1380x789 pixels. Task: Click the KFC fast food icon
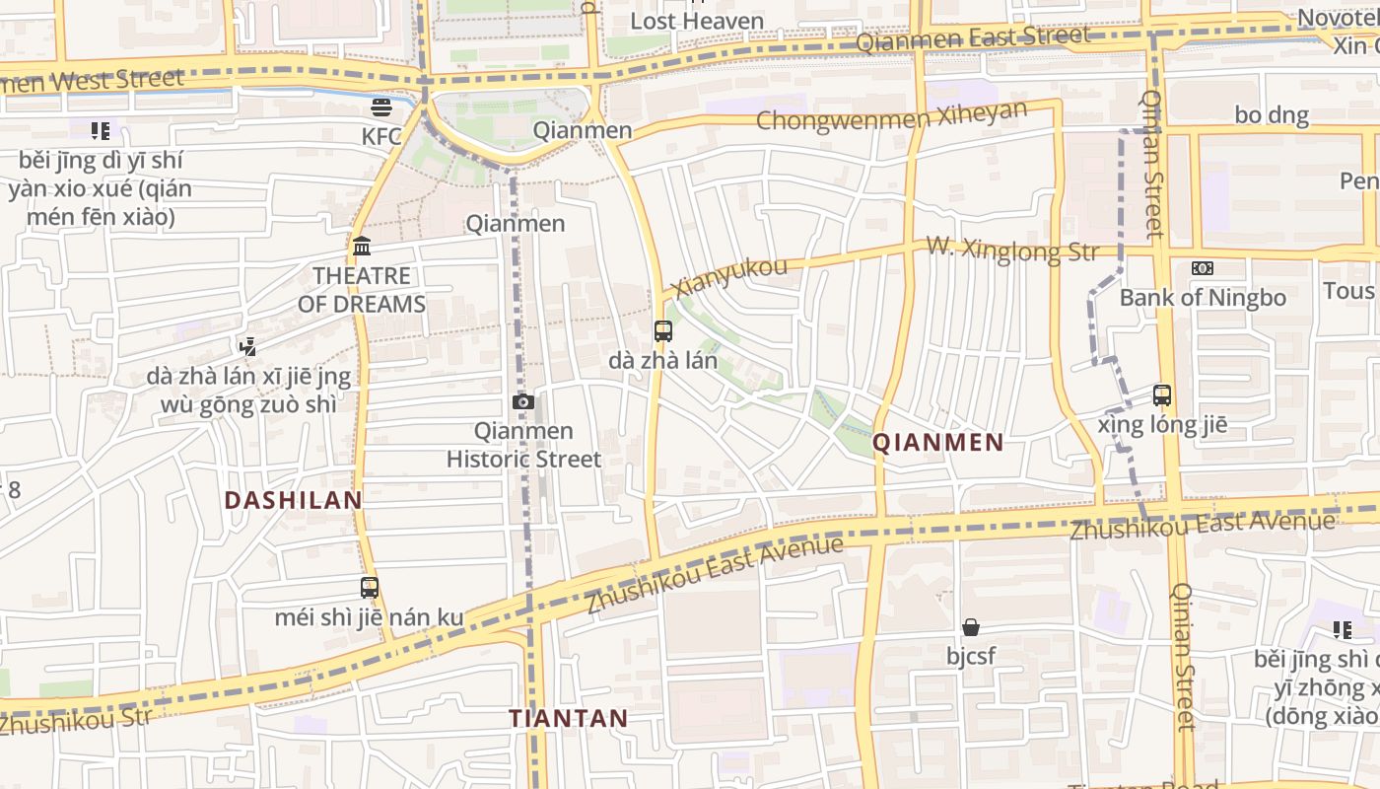point(381,107)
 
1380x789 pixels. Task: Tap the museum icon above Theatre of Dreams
point(362,246)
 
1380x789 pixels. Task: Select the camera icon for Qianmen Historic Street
point(523,401)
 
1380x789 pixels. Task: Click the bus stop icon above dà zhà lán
point(663,331)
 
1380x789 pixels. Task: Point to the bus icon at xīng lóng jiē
point(1162,395)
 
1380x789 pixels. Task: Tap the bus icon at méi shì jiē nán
point(370,588)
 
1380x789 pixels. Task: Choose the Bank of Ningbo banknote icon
point(1203,268)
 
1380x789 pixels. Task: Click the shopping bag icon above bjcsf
point(971,627)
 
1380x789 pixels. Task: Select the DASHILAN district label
point(293,500)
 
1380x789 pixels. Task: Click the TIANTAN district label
point(569,718)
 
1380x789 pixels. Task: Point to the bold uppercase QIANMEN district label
point(938,443)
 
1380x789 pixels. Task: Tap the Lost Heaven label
point(697,21)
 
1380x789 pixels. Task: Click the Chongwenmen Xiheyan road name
point(892,116)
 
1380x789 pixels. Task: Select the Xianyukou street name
point(729,276)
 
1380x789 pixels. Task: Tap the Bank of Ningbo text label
point(1203,298)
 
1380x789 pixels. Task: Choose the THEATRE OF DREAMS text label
point(362,290)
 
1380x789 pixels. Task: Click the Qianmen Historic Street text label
point(523,445)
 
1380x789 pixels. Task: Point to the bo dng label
point(1272,115)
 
